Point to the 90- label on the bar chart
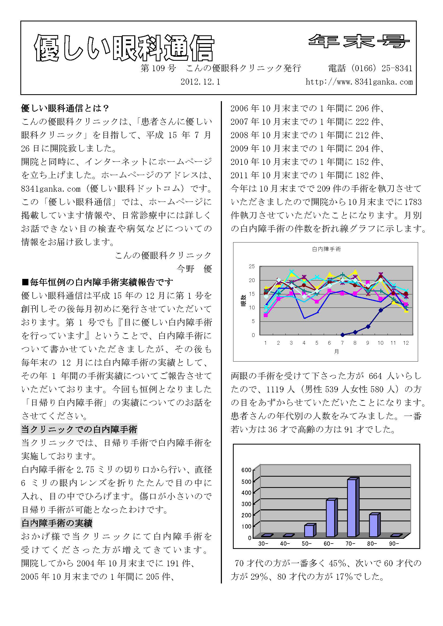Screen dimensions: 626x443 tap(394, 551)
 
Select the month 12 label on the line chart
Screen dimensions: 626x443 tap(406, 343)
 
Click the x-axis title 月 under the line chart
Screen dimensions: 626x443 tap(336, 352)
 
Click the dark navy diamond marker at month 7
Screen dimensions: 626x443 tap(342, 335)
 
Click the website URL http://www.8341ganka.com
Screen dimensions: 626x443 tap(359, 82)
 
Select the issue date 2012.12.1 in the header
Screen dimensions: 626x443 tap(200, 82)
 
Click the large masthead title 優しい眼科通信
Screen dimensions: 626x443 tap(124, 48)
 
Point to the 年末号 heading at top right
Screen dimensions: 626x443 tap(359, 41)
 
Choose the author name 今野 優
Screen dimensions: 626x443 tap(194, 269)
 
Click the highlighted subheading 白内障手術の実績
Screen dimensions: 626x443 tap(57, 523)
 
